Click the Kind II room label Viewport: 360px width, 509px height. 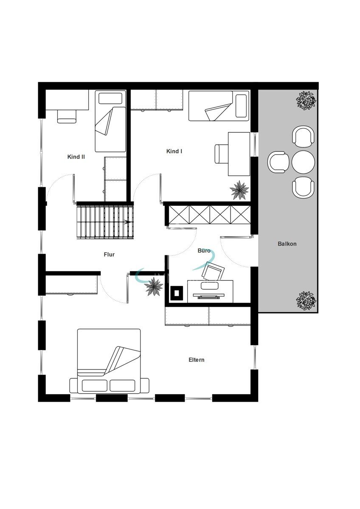point(76,157)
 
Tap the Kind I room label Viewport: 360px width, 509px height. point(174,151)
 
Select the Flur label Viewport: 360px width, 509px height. point(109,255)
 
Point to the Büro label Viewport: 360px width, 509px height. point(204,251)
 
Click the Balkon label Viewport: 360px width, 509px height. point(287,244)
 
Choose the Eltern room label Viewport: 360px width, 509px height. point(197,360)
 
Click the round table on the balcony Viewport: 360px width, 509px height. point(303,162)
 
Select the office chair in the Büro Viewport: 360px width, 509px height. point(213,271)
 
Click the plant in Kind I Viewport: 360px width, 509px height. point(239,190)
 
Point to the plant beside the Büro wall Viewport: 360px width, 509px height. point(155,287)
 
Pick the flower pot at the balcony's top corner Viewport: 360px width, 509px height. point(306,101)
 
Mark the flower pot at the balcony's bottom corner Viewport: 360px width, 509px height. point(306,300)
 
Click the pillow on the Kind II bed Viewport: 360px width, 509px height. point(110,98)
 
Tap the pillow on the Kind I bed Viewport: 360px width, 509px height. point(241,106)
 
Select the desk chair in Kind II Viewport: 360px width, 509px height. point(67,117)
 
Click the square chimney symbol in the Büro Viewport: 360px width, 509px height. point(177,293)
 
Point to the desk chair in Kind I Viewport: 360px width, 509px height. point(221,154)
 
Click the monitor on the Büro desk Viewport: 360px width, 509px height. point(208,295)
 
